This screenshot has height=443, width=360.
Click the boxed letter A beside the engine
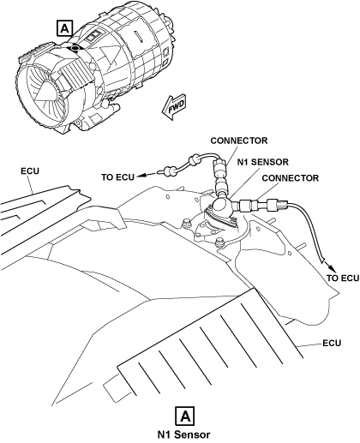[65, 28]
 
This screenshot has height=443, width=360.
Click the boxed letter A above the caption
[186, 416]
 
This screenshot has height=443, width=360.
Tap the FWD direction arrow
[173, 107]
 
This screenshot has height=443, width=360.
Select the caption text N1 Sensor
[184, 434]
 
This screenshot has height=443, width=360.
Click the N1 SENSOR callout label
[263, 162]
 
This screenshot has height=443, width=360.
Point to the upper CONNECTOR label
[239, 141]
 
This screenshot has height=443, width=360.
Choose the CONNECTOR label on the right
[290, 178]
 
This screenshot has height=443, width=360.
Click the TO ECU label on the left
[117, 177]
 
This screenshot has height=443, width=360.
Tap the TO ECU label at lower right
[342, 278]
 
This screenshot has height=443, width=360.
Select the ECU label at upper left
[30, 171]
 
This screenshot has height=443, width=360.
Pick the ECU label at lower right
[332, 343]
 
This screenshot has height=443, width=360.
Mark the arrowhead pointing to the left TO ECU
[139, 175]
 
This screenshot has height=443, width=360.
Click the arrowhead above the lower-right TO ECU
[332, 268]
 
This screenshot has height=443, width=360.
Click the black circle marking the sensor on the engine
[75, 48]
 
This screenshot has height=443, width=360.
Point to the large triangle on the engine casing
[109, 55]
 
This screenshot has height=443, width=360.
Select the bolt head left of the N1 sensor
[186, 223]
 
